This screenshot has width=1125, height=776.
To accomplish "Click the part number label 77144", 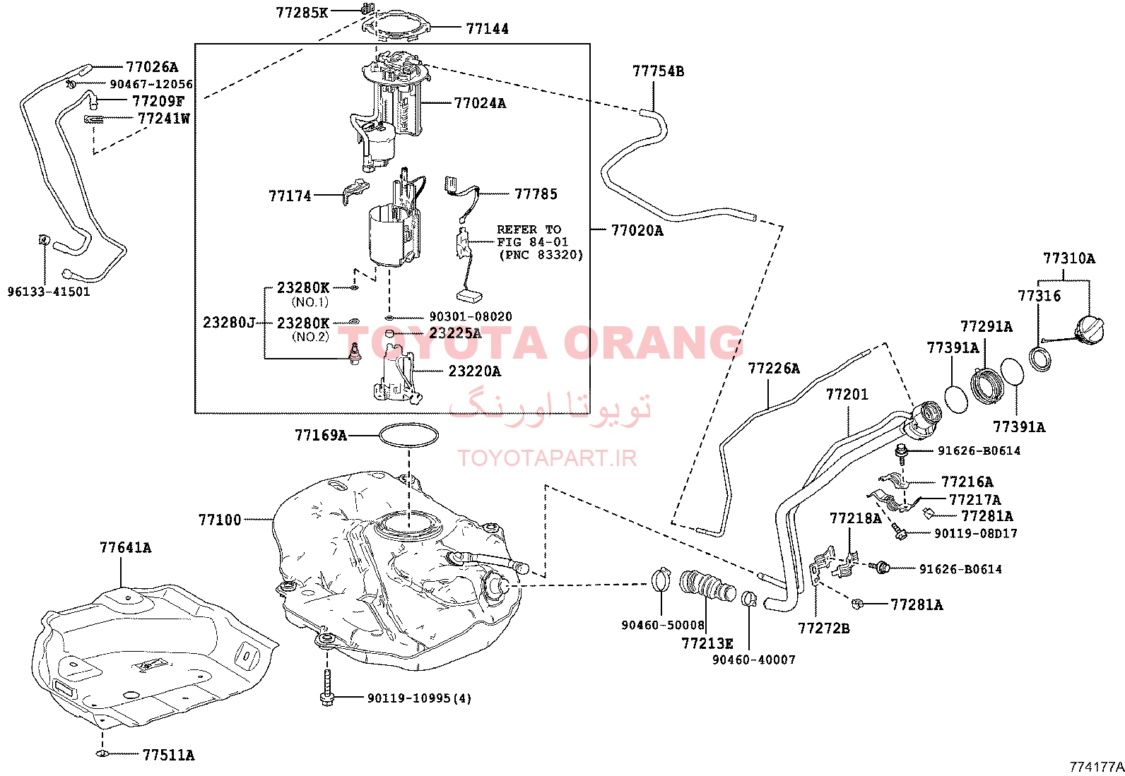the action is tap(487, 29).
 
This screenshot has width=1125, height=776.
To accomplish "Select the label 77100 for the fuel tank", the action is tap(220, 520).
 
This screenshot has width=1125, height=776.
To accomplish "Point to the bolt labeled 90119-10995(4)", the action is tap(327, 687).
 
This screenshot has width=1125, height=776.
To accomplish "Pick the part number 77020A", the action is tap(637, 230).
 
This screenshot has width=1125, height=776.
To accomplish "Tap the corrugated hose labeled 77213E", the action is tap(707, 586).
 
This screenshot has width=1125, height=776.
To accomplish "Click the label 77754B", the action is tap(658, 71).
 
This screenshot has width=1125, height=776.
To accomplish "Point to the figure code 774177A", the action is tap(1096, 767).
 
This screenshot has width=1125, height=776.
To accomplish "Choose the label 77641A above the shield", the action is tap(125, 547).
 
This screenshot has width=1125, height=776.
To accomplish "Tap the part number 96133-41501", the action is tap(48, 292).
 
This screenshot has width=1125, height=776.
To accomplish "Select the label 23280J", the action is tap(229, 322).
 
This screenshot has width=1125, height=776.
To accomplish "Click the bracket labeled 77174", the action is tap(355, 191).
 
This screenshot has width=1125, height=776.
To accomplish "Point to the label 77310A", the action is tap(1069, 258).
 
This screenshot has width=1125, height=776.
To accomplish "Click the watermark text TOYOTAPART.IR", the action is tap(547, 458).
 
